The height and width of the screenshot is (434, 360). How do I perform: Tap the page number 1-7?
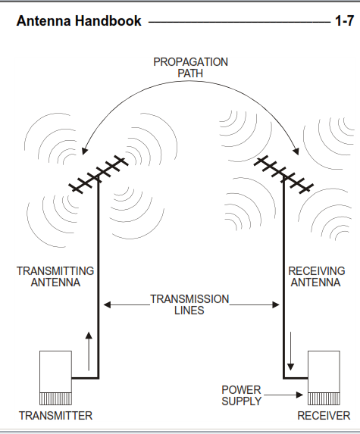[345, 20]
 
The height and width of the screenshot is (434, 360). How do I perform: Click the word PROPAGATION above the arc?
[190, 62]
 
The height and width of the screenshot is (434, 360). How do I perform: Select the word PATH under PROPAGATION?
[190, 73]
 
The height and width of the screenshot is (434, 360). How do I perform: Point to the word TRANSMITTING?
[55, 271]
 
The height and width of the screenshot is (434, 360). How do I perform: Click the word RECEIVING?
[317, 271]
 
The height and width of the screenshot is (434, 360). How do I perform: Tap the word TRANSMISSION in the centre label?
[189, 299]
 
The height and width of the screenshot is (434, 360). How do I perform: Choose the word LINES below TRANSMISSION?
[189, 311]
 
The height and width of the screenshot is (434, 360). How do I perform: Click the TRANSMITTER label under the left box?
[55, 416]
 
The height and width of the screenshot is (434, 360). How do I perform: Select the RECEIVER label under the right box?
[324, 416]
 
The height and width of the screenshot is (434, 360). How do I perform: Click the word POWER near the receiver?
[241, 390]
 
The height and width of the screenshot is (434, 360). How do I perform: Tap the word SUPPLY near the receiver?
[242, 401]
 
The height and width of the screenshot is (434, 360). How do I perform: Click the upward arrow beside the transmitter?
[89, 351]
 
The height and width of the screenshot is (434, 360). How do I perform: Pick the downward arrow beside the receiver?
[290, 351]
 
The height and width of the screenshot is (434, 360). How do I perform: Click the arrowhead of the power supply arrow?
[299, 395]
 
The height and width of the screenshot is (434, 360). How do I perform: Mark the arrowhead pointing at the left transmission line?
[107, 304]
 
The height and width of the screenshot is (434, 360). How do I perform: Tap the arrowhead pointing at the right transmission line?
[276, 304]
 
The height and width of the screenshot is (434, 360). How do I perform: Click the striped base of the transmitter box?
[55, 398]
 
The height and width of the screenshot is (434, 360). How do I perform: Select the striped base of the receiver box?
[324, 398]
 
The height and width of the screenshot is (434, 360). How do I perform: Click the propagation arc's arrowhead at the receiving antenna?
[296, 151]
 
